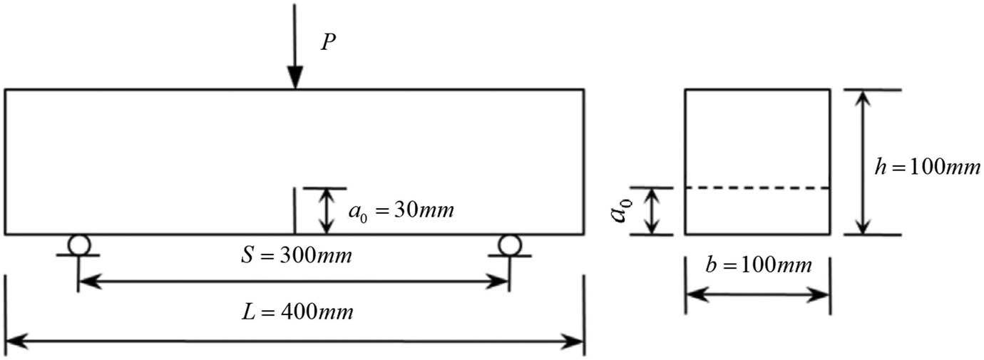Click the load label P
[327, 43]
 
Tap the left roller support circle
[78, 245]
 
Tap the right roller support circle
[509, 245]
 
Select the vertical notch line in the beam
[294, 211]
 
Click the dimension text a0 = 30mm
[401, 211]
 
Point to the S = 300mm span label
[296, 255]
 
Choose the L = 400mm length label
[296, 312]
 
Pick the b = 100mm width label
[757, 266]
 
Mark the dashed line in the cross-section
[757, 188]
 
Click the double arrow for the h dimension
[863, 162]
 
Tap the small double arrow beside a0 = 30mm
[326, 211]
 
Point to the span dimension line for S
[293, 283]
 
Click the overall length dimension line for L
[294, 341]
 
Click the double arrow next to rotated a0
[650, 211]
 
